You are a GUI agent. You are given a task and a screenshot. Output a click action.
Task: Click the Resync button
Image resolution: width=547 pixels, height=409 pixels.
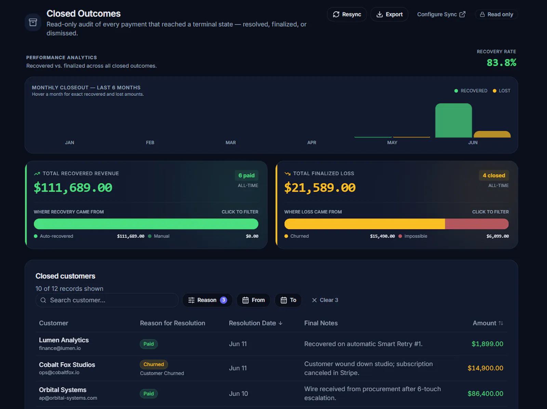(347, 14)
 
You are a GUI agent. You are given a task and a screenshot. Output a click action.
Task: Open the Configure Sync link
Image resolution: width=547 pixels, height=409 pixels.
(441, 14)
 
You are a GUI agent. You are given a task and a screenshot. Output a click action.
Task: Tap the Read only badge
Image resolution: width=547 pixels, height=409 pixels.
(496, 14)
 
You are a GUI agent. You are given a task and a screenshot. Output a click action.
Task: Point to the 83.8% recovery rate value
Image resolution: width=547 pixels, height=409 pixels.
(501, 63)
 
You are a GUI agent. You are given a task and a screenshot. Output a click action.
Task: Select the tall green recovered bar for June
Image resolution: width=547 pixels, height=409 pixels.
(453, 121)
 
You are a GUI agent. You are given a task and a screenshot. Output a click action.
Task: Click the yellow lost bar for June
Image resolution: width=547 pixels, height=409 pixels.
(492, 134)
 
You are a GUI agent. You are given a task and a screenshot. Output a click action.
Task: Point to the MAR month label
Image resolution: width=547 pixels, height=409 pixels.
(230, 142)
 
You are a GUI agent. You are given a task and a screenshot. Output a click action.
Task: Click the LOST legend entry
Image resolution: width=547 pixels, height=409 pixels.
(502, 91)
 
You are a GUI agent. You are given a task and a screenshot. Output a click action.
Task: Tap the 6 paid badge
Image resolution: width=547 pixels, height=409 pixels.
(246, 175)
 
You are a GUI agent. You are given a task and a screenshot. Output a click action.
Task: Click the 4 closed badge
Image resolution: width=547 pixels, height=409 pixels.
(494, 175)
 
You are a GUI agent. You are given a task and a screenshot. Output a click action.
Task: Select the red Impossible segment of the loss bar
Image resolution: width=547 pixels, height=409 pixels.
(477, 224)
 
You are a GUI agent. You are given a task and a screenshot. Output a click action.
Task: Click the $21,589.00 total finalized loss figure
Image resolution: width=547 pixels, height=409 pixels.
(320, 188)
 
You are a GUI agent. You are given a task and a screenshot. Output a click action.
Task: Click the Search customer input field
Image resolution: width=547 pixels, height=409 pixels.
(107, 300)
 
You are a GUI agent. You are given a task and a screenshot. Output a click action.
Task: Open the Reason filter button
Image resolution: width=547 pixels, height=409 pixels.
(207, 300)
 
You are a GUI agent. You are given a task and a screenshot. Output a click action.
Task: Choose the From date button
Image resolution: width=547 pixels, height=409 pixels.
(253, 300)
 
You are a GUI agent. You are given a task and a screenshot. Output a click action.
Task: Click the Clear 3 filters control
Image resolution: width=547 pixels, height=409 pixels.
(325, 300)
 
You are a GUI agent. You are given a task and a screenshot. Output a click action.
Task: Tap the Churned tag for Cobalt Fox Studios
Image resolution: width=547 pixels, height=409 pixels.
(154, 365)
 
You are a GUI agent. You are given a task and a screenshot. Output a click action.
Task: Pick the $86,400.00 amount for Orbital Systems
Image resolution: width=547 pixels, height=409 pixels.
(485, 394)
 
